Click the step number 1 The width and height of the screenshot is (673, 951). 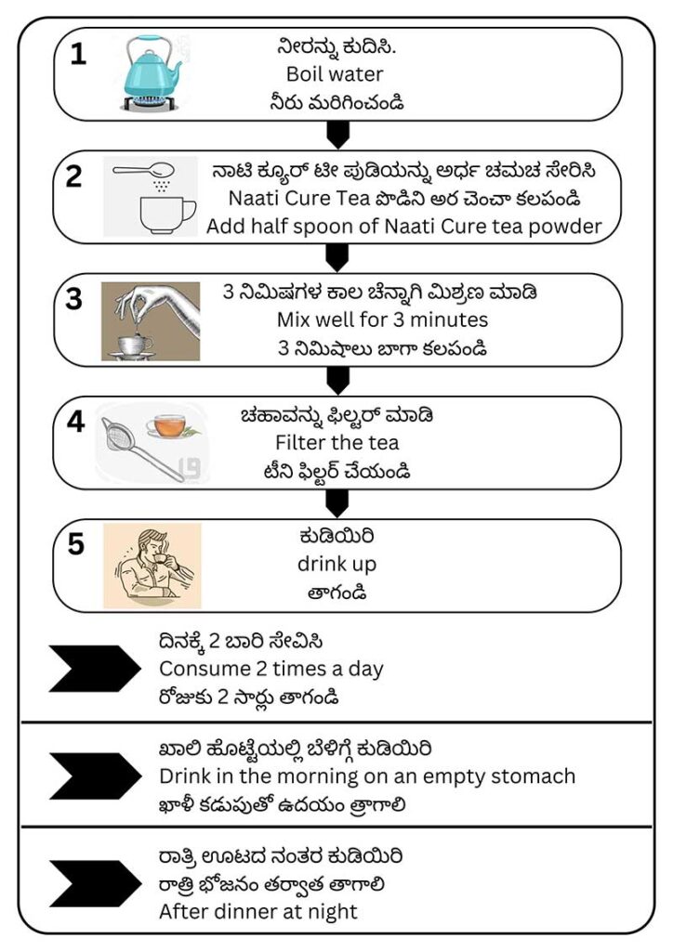(x=78, y=54)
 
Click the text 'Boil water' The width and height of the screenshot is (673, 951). (x=335, y=74)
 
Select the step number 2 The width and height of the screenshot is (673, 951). (x=74, y=176)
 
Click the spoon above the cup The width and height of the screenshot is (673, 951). (x=143, y=170)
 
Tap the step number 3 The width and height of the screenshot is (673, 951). (x=74, y=299)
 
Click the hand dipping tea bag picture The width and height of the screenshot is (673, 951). (x=151, y=321)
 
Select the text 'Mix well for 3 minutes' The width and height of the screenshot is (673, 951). (x=382, y=319)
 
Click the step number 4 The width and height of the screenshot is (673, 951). (x=75, y=422)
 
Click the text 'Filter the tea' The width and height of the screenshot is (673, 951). (x=336, y=443)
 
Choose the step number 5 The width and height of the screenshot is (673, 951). (x=76, y=544)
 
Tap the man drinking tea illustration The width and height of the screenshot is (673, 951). (x=152, y=566)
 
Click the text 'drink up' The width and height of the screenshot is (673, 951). (x=336, y=565)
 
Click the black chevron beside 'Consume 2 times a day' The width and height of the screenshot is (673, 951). (x=95, y=669)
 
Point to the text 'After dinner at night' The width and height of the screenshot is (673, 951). (x=258, y=912)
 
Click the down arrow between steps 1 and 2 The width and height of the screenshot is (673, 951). (x=338, y=135)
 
